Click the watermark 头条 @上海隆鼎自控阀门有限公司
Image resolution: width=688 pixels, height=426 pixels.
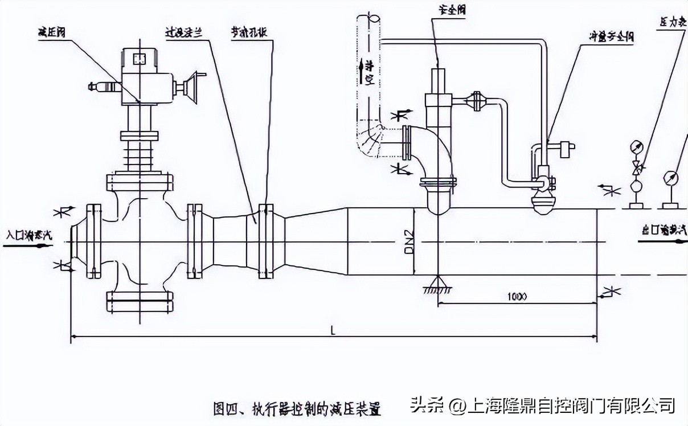click(x=542, y=405)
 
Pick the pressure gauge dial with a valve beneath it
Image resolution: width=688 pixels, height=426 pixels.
click(x=636, y=147)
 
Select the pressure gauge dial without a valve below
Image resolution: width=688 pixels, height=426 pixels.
click(x=670, y=177)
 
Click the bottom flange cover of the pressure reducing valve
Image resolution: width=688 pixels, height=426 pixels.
click(x=140, y=302)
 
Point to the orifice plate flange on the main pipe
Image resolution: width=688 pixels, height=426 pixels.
click(x=263, y=241)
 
